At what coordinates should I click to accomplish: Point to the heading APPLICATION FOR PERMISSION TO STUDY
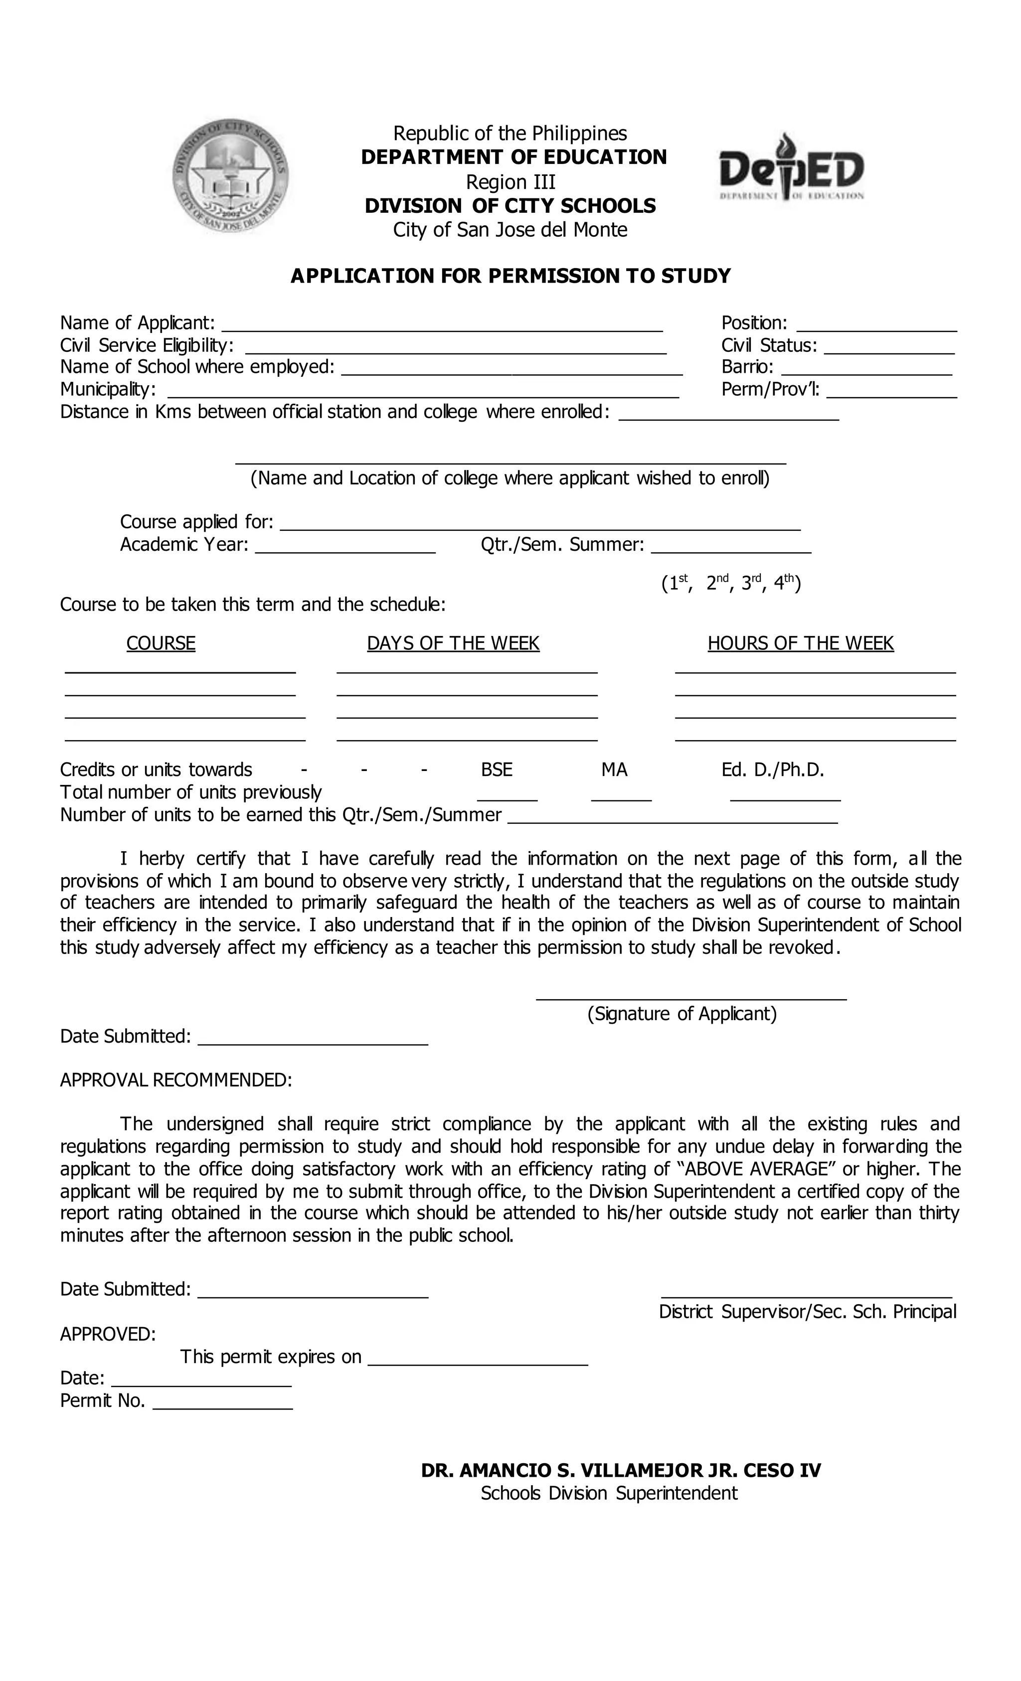click(x=510, y=276)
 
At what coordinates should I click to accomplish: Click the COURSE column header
click(x=161, y=643)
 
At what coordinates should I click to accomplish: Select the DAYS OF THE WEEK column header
click(x=453, y=643)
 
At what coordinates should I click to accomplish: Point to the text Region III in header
click(x=510, y=182)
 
